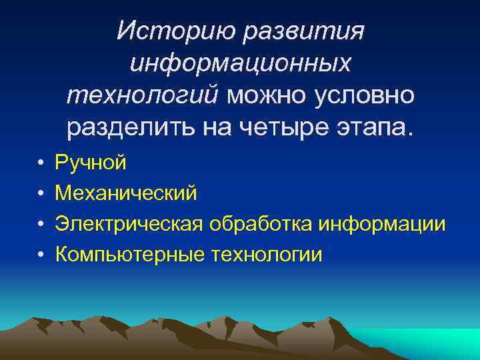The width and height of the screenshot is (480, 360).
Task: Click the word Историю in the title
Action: pyautogui.click(x=176, y=30)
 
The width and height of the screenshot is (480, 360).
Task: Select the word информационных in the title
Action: pyautogui.click(x=240, y=63)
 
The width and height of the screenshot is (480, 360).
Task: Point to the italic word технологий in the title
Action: pyautogui.click(x=142, y=95)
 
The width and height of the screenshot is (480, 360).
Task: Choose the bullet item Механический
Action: pyautogui.click(x=126, y=193)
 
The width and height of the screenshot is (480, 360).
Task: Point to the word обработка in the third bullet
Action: pyautogui.click(x=260, y=223)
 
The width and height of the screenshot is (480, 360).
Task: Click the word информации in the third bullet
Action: pyautogui.click(x=382, y=223)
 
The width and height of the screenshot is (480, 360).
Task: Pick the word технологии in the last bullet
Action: pyautogui.click(x=267, y=254)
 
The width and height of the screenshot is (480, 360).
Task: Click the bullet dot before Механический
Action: pyautogui.click(x=41, y=193)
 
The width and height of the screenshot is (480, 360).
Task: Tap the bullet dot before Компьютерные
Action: pyautogui.click(x=41, y=255)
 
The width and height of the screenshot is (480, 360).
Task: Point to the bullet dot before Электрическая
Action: pyautogui.click(x=41, y=224)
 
